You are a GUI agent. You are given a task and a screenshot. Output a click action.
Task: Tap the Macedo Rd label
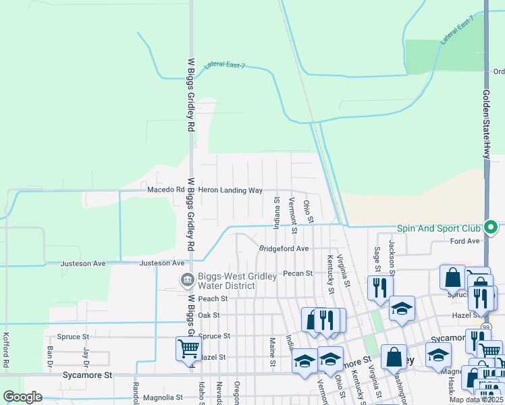(x=166, y=190)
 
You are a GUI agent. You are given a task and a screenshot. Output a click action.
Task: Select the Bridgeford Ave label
(x=284, y=248)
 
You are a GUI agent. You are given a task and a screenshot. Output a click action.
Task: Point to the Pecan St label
(x=298, y=273)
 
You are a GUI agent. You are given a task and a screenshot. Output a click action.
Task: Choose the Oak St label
(x=209, y=315)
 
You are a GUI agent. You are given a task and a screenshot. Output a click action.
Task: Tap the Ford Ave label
(x=464, y=241)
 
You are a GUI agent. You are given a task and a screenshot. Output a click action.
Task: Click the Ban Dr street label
(x=50, y=353)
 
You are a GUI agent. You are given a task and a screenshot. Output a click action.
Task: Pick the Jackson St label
(x=391, y=252)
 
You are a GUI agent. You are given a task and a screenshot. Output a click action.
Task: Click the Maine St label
(x=272, y=352)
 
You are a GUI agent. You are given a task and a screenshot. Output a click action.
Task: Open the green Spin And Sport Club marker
(x=498, y=228)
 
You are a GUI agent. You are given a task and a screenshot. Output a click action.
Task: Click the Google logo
(x=22, y=397)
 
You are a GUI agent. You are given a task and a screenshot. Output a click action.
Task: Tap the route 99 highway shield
(x=487, y=327)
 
